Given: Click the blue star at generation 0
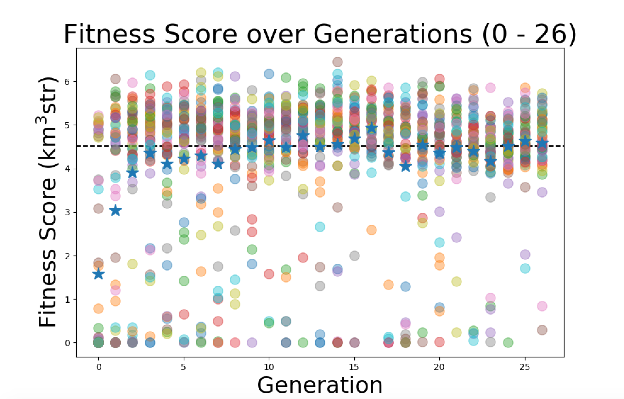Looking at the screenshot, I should [98, 274].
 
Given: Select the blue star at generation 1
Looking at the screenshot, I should [115, 210].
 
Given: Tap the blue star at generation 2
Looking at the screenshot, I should [132, 172].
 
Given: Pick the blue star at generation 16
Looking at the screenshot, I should [371, 128].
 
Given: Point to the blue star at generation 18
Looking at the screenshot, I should [406, 166].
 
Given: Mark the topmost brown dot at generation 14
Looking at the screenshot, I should [337, 62].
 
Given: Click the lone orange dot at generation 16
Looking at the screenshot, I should [371, 230].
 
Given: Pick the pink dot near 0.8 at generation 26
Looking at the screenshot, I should [542, 306].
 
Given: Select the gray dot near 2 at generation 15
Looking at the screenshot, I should [354, 256].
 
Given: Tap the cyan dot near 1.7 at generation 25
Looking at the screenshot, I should [525, 268].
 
